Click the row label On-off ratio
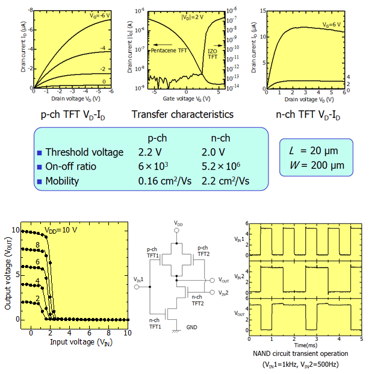(x=71, y=167)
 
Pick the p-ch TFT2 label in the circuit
(x=203, y=250)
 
